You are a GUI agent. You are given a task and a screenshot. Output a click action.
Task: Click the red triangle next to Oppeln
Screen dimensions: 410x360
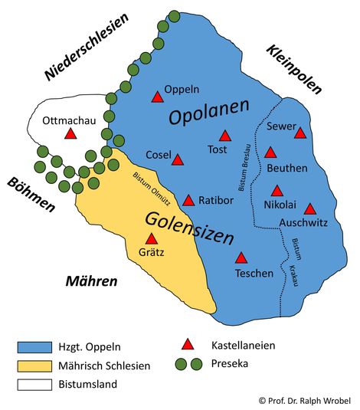157,97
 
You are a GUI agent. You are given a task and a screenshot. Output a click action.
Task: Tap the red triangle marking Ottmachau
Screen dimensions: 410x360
70,134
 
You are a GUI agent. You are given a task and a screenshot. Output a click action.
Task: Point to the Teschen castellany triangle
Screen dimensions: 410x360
241,258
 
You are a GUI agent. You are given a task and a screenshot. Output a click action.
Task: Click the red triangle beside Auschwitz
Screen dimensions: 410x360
309,208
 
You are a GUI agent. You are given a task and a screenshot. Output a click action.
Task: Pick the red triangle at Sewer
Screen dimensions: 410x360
299,133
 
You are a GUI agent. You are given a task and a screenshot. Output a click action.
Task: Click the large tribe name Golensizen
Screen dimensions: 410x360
188,228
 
